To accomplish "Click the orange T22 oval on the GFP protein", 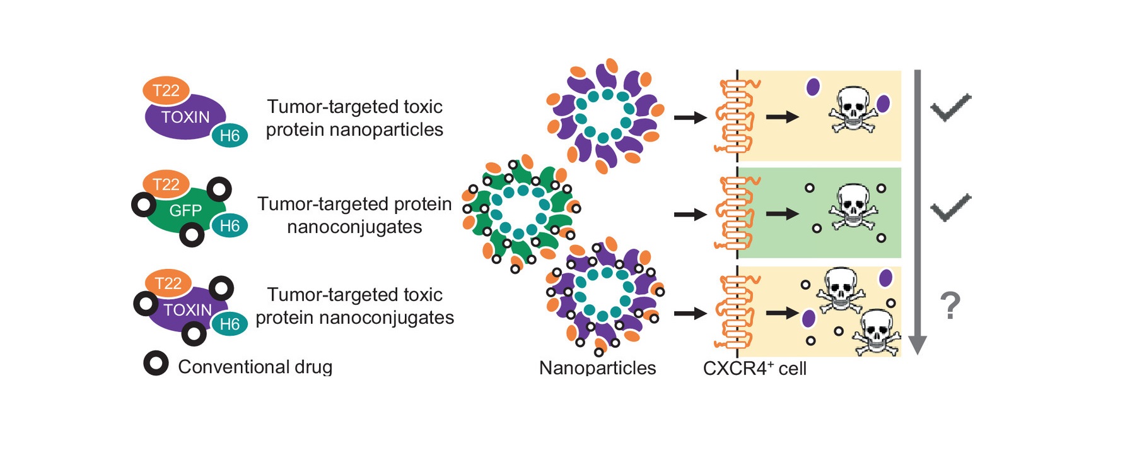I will [166, 184].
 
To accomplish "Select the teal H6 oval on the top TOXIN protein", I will [229, 136].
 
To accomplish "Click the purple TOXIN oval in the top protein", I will [183, 117].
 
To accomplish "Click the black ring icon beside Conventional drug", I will [156, 364].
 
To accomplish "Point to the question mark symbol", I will [950, 306].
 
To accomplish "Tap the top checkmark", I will [950, 107].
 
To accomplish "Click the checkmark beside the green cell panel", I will [950, 208].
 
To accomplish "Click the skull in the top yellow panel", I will [853, 109].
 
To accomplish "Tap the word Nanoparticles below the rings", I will [597, 368].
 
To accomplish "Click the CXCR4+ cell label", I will [754, 368].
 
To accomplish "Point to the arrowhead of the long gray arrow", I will [918, 345].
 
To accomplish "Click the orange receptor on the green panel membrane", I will [735, 213].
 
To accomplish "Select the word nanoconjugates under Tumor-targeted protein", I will [354, 227].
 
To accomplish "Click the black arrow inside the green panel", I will [782, 214].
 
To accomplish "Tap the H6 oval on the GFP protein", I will [229, 226].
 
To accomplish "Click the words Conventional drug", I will [255, 367].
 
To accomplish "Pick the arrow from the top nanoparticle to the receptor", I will [690, 117].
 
